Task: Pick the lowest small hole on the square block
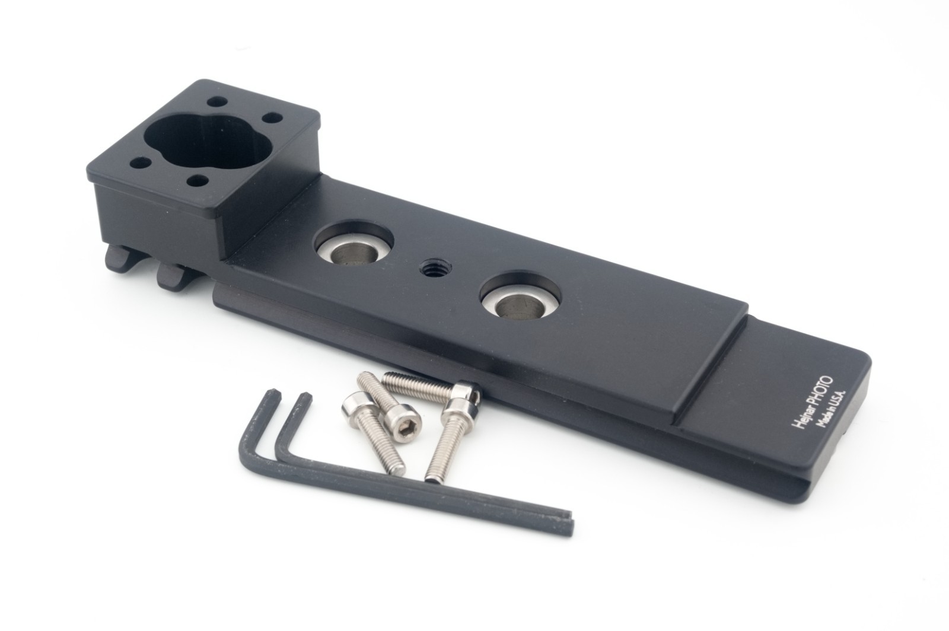(x=196, y=181)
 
